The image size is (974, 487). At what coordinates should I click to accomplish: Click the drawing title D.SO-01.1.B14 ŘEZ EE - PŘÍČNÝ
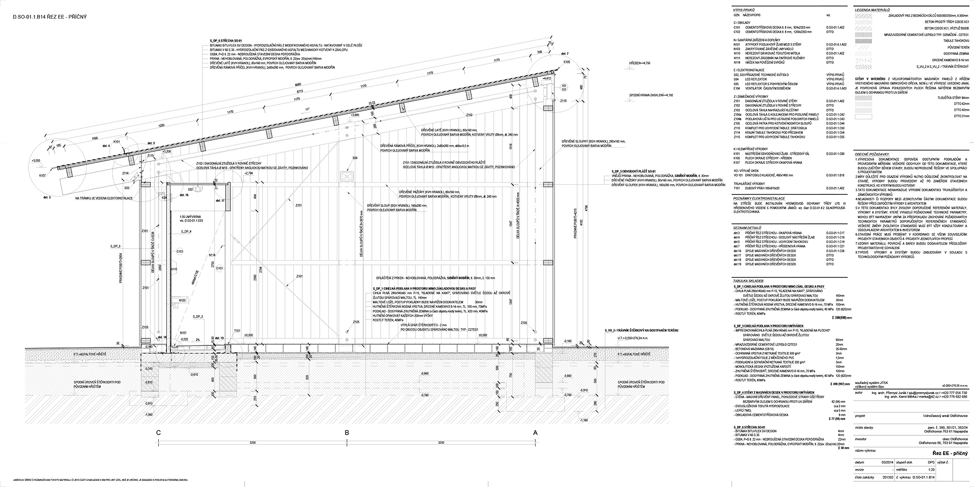[50, 18]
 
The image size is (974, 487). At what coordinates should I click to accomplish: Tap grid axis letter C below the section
[159, 433]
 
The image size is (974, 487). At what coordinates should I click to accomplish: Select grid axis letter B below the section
[347, 433]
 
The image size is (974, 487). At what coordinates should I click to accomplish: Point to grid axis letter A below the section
[535, 433]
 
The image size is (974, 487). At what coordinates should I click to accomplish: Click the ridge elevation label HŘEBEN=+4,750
[640, 63]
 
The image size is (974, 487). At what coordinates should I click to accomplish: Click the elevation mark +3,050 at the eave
[36, 160]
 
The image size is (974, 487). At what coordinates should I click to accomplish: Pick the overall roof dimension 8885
[285, 85]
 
